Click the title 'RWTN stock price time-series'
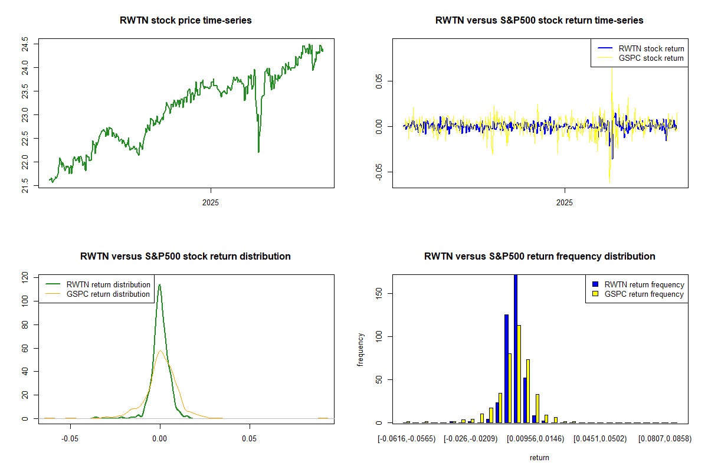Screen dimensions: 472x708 pyautogui.click(x=185, y=21)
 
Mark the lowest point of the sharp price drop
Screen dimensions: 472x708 pyautogui.click(x=258, y=152)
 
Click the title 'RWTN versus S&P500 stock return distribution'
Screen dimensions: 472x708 pyautogui.click(x=185, y=257)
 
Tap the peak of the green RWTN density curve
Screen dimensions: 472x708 pyautogui.click(x=159, y=284)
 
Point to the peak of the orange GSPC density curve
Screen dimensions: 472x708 pyautogui.click(x=160, y=350)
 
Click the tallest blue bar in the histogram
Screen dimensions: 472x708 pyautogui.click(x=516, y=348)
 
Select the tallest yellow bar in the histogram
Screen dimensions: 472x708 pyautogui.click(x=519, y=373)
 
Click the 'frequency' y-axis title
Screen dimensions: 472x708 pyautogui.click(x=360, y=350)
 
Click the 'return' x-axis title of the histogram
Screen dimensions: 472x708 pyautogui.click(x=539, y=457)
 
